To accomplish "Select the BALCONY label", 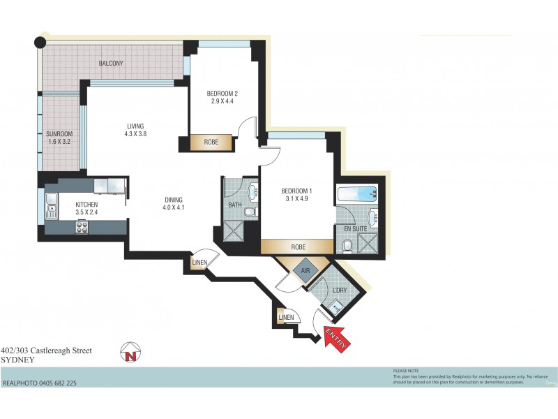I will (111, 64).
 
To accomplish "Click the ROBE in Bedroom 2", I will (211, 142).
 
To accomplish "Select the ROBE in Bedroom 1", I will (296, 247).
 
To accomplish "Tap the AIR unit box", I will (305, 268).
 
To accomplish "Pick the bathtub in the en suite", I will (356, 194).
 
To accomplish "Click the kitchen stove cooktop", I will (82, 226).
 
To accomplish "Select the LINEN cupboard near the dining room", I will (199, 263).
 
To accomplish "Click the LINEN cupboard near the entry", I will (286, 318).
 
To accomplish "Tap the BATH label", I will (235, 205).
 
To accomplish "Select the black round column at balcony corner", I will (40, 42).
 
